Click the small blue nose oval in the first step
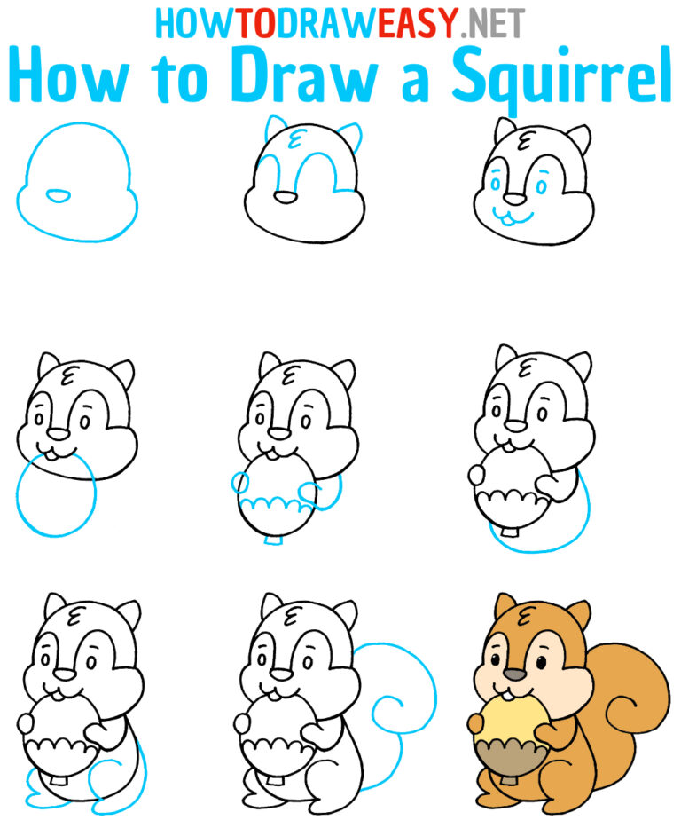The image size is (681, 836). (x=59, y=195)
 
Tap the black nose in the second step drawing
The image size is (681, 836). (x=286, y=197)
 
